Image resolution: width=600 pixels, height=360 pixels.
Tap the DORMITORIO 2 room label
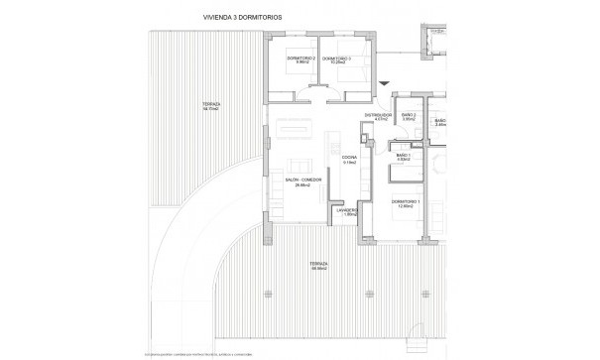pos(300,59)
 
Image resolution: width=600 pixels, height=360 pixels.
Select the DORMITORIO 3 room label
pos(338,59)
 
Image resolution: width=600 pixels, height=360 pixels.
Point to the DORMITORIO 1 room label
pos(405,201)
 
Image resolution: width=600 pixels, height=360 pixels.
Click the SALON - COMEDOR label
pos(303,179)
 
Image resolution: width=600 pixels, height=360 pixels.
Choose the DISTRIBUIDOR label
pos(378,115)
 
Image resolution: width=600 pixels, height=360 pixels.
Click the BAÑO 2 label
pos(408,115)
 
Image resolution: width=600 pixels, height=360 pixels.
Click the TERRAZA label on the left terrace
pos(211,104)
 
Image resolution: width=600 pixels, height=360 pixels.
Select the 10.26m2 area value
pos(338,63)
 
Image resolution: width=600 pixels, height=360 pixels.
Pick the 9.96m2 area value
pos(300,63)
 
